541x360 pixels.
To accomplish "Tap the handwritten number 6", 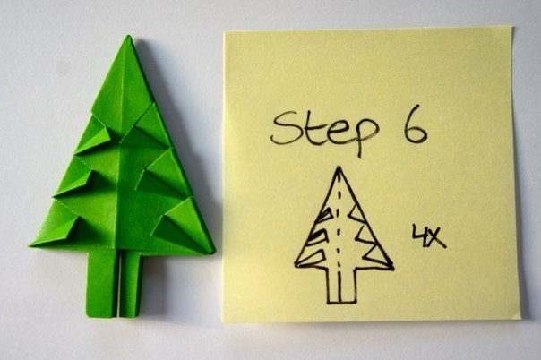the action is [x=415, y=124].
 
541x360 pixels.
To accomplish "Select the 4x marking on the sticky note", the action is [x=429, y=236].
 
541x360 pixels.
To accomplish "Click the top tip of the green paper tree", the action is [x=128, y=36].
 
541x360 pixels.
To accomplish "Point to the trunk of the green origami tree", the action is [x=114, y=283].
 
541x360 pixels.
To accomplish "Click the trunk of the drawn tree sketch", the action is [x=341, y=285].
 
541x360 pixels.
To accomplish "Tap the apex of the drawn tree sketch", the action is [x=339, y=168].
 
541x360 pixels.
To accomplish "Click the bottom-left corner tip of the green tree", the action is [x=30, y=245].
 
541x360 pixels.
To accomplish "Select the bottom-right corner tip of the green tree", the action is [x=213, y=252].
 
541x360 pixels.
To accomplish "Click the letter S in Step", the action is [x=286, y=128].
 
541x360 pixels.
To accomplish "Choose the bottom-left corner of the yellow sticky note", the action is [x=224, y=321].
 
